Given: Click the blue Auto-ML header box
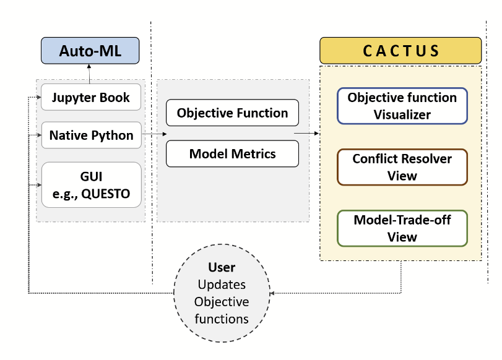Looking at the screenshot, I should click(90, 51).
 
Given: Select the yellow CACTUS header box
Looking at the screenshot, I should click(400, 51).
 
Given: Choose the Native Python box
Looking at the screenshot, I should click(91, 135).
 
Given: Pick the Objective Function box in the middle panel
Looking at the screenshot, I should click(232, 113).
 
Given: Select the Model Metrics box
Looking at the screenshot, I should click(232, 153).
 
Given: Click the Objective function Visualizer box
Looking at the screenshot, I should click(402, 106).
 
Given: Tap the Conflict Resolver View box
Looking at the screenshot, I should click(402, 167).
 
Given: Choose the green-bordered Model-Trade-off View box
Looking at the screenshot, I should click(402, 228).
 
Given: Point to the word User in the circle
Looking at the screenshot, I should click(222, 268).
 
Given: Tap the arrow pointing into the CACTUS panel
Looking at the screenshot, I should click(306, 133).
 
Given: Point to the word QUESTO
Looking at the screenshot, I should click(106, 194).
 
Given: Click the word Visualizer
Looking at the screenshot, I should click(402, 114).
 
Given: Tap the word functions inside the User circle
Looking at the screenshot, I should click(222, 319).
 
